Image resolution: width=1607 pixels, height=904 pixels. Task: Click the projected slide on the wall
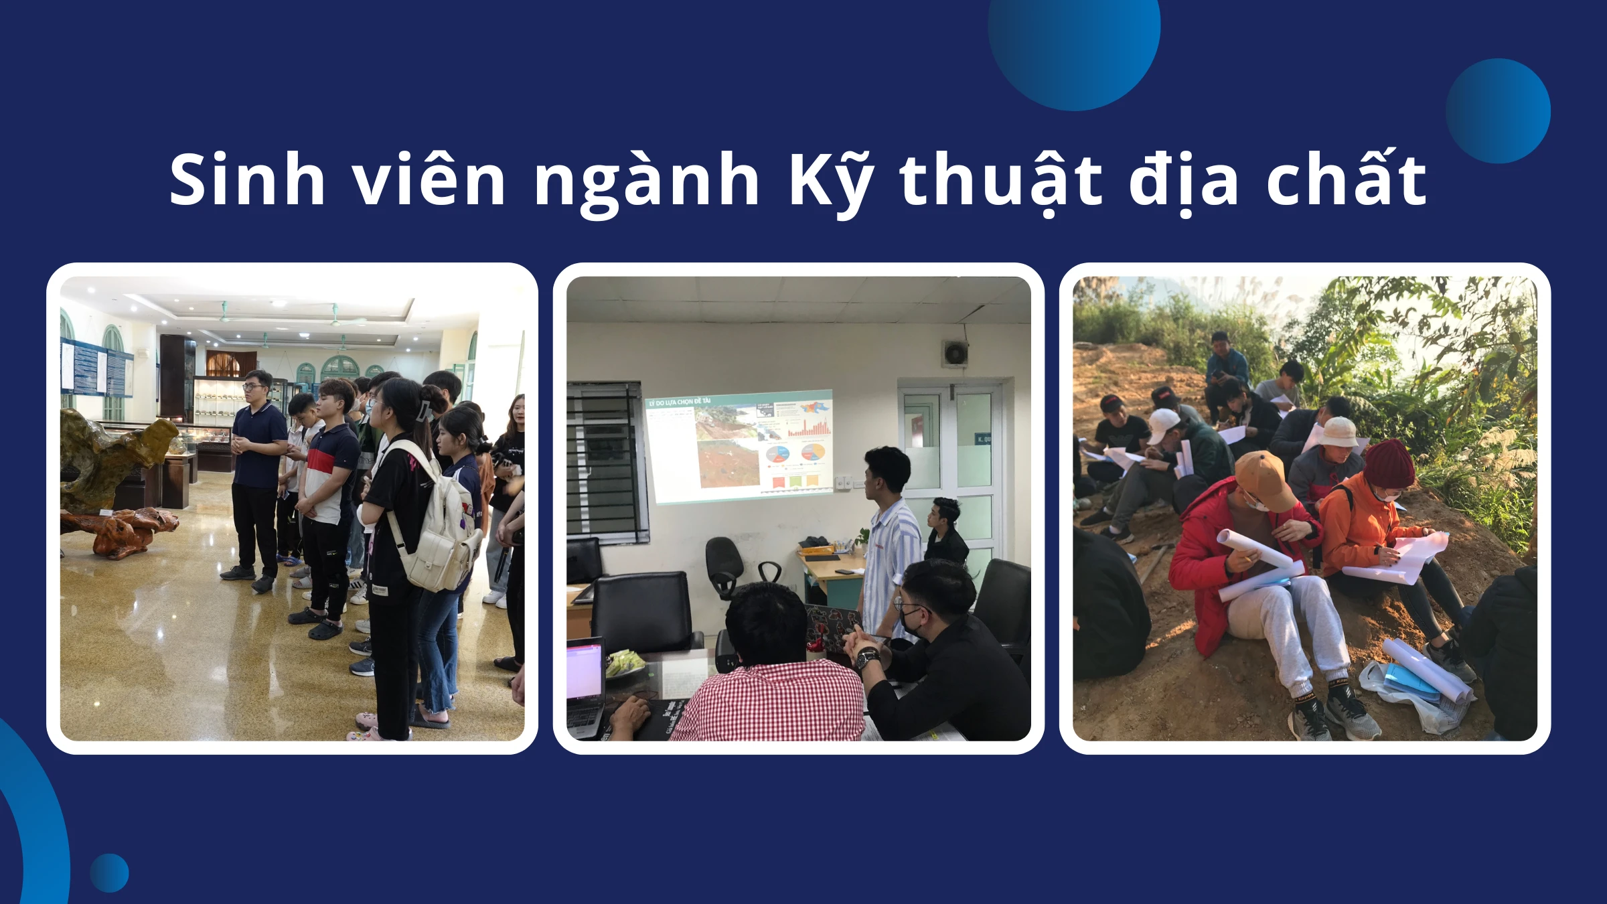740,445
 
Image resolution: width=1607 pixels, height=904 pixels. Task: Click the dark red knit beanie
1389,462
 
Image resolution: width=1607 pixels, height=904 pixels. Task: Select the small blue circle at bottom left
109,873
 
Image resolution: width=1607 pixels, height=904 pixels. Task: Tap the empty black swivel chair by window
726,566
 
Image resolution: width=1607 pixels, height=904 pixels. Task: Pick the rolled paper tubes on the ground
1426,670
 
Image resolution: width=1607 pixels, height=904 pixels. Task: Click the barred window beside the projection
606,462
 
